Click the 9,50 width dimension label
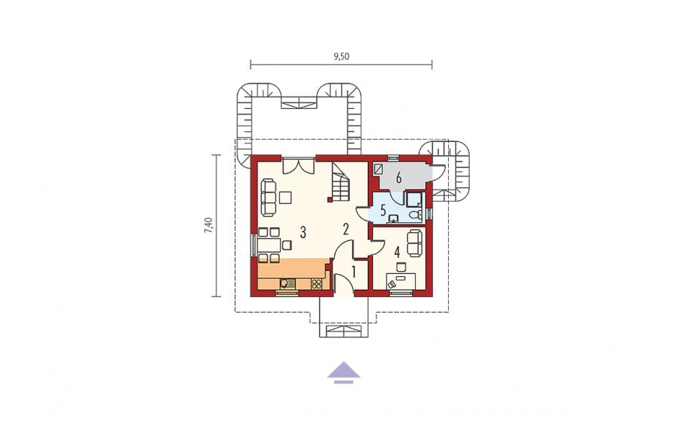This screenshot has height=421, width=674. click(341, 57)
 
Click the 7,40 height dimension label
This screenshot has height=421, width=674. click(209, 225)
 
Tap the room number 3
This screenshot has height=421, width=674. click(303, 233)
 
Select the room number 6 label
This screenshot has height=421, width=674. click(399, 176)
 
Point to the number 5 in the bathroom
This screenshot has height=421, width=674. click(383, 211)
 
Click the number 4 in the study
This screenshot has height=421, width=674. click(397, 251)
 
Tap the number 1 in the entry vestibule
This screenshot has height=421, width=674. click(353, 272)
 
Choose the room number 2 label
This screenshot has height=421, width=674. click(346, 230)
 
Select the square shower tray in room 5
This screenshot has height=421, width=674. click(414, 199)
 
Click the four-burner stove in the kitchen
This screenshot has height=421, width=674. click(316, 283)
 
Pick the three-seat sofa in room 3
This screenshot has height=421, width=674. click(268, 198)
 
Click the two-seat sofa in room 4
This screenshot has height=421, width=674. click(414, 243)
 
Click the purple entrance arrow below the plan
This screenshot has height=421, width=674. click(343, 372)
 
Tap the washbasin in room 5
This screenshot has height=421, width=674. click(393, 219)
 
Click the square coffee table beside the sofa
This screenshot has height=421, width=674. click(285, 197)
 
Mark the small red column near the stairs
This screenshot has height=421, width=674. click(330, 199)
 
